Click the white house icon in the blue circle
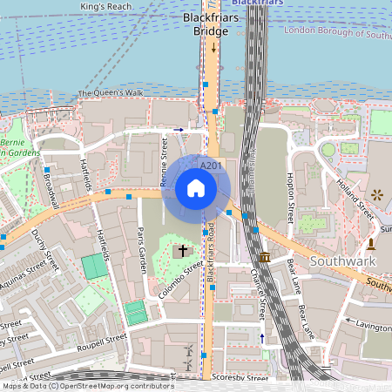[x=196, y=187]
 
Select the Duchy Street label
[x=38, y=250]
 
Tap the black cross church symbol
[x=182, y=251]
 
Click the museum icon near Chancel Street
[x=265, y=258]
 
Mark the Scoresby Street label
[x=240, y=378]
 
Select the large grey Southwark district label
[x=344, y=262]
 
